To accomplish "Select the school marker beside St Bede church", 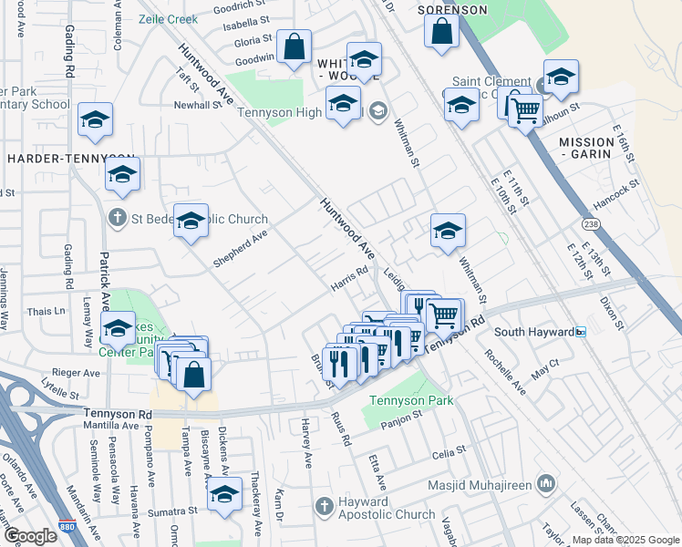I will click(191, 221).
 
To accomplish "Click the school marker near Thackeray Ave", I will click(223, 495).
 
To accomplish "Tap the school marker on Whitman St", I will click(448, 232).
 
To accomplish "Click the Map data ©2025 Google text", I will click(625, 540).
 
